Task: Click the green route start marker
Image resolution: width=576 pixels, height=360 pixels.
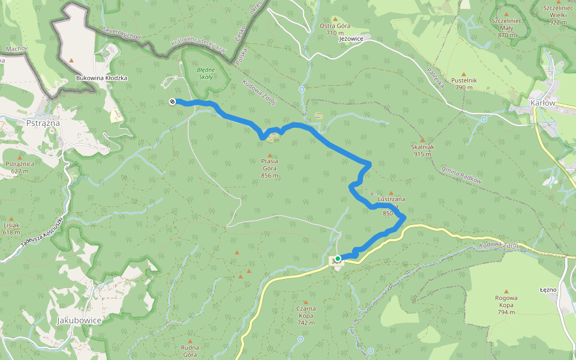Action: click(x=338, y=259)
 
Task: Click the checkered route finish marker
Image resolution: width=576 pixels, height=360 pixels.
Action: click(x=172, y=101)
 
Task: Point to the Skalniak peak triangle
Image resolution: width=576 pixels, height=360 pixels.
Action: click(x=422, y=140)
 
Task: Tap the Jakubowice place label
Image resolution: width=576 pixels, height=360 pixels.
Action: click(x=79, y=320)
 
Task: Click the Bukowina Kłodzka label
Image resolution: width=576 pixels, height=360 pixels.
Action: click(x=101, y=78)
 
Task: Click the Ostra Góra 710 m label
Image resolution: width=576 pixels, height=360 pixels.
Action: click(x=335, y=29)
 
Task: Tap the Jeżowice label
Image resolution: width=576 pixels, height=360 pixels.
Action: click(x=352, y=38)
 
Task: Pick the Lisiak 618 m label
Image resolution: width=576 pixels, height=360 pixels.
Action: click(x=11, y=229)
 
